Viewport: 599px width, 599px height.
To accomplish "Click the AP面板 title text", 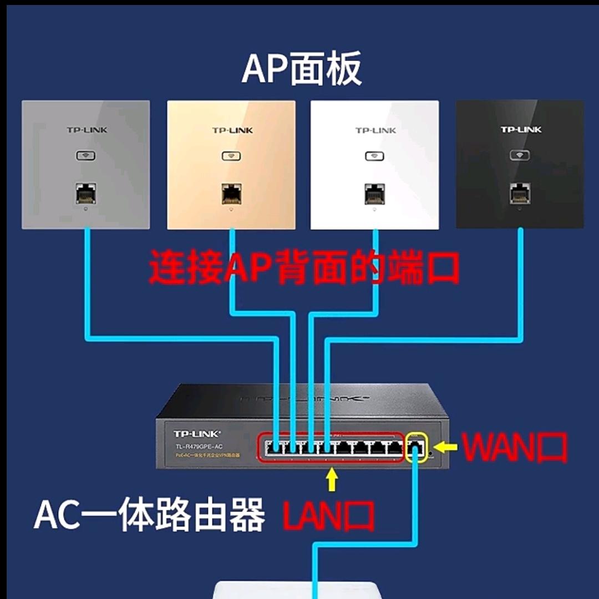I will pyautogui.click(x=302, y=68).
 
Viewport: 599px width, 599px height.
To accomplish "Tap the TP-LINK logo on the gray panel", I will pyautogui.click(x=87, y=130).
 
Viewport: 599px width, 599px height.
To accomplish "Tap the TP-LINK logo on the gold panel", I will pyautogui.click(x=232, y=130).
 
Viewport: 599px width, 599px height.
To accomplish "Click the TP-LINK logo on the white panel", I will pyautogui.click(x=375, y=130).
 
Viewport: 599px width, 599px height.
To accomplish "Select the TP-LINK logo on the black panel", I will pyautogui.click(x=521, y=130).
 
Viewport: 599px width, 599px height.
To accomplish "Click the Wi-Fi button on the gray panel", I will pyautogui.click(x=86, y=156).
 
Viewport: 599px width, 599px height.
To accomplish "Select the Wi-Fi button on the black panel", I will pyautogui.click(x=519, y=155).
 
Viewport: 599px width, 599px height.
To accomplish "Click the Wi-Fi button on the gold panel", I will pyautogui.click(x=231, y=156).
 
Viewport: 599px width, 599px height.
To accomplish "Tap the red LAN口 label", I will pyautogui.click(x=328, y=516).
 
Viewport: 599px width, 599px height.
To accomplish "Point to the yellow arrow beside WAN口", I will pyautogui.click(x=446, y=446).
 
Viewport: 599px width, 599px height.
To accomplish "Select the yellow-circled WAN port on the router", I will pyautogui.click(x=417, y=447).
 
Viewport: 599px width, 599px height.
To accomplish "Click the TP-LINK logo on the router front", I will pyautogui.click(x=197, y=434).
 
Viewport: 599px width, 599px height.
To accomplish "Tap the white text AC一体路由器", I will pyautogui.click(x=149, y=515).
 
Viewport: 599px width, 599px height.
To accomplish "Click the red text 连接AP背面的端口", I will pyautogui.click(x=304, y=267).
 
